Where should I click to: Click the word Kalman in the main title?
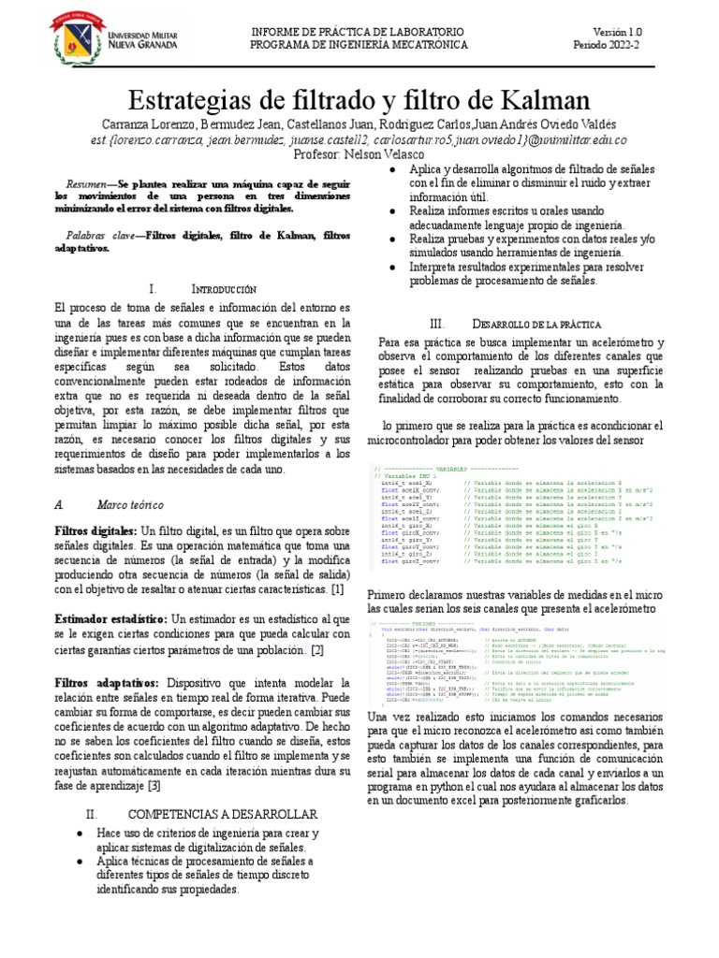click(x=532, y=100)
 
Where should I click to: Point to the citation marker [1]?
click(x=337, y=590)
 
